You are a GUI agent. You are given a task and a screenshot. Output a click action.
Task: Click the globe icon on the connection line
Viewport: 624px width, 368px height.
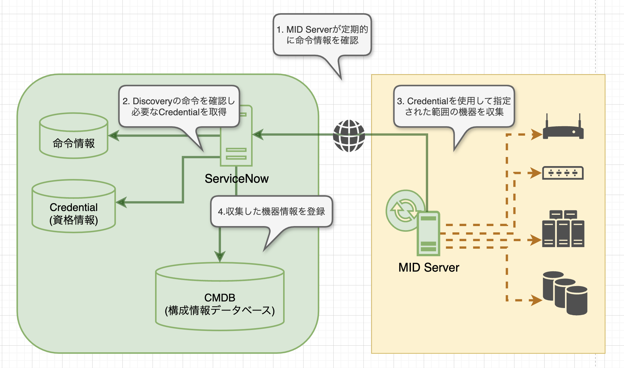pyautogui.click(x=349, y=136)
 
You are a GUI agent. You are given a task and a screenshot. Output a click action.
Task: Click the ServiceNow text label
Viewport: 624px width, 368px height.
pyautogui.click(x=236, y=179)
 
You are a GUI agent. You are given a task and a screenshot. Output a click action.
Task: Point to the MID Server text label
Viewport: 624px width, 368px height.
pyautogui.click(x=428, y=268)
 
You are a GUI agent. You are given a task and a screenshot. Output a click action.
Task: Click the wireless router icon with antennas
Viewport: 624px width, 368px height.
pyautogui.click(x=563, y=128)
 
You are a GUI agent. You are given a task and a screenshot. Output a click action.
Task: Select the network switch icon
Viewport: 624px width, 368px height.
pyautogui.click(x=563, y=173)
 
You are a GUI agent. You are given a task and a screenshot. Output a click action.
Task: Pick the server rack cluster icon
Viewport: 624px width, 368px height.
pyautogui.click(x=563, y=229)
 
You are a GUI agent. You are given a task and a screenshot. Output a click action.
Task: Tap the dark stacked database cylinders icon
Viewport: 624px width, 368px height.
pyautogui.click(x=565, y=293)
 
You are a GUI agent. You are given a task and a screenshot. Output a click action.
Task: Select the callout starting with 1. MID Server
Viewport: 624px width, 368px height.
pyautogui.click(x=322, y=35)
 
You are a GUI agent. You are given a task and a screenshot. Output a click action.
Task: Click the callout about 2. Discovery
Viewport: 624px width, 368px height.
pyautogui.click(x=179, y=106)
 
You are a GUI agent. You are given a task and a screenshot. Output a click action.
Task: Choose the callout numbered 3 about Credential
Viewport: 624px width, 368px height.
pyautogui.click(x=454, y=106)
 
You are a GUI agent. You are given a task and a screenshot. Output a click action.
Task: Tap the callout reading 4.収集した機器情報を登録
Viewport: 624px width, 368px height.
pyautogui.click(x=272, y=211)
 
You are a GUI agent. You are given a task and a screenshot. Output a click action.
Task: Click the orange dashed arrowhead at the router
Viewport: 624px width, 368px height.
pyautogui.click(x=536, y=134)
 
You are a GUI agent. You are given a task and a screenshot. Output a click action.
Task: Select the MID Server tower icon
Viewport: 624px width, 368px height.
pyautogui.click(x=428, y=233)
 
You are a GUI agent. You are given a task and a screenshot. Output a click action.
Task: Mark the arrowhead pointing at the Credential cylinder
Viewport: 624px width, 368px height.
pyautogui.click(x=121, y=202)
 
